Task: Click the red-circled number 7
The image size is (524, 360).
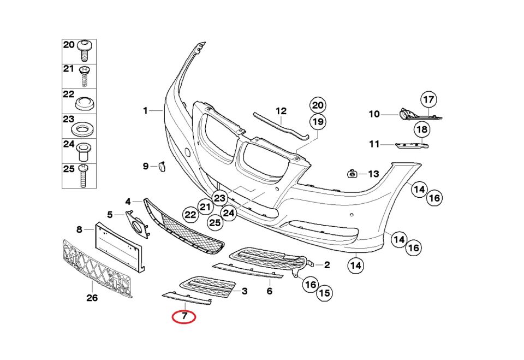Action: point(184,316)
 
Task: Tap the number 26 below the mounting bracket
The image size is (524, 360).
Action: point(92,298)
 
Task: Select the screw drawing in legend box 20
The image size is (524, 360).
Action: point(85,51)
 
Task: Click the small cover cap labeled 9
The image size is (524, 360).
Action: point(162,166)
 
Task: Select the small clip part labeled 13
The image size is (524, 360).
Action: point(353,174)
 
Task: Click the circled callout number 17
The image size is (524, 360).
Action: point(429,99)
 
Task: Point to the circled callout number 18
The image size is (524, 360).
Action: point(421,129)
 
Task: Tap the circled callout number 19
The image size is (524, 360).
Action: point(318,121)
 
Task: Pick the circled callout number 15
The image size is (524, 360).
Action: point(324,293)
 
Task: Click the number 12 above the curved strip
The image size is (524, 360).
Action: point(281,111)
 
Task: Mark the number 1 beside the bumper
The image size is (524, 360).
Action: point(146,111)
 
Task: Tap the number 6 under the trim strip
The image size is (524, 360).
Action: point(269,292)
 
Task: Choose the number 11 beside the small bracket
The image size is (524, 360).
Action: point(374,145)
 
